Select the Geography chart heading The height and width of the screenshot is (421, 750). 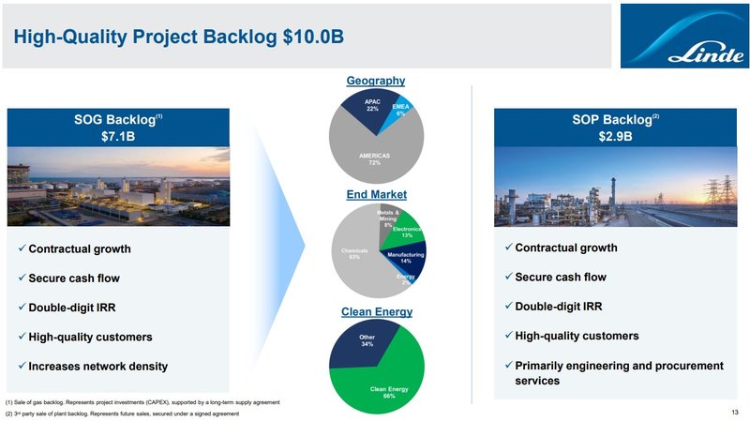click(375, 82)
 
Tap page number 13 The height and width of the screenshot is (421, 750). click(734, 412)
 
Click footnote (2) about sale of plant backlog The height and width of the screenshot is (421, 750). click(122, 413)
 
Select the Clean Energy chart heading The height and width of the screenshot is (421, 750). click(375, 311)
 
